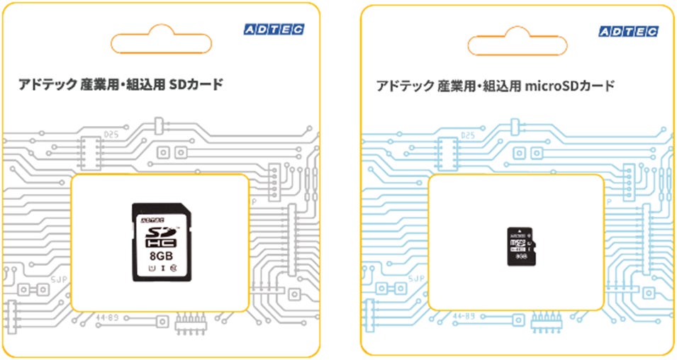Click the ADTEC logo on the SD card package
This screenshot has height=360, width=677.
[x=273, y=29]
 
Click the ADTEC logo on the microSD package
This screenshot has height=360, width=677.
[x=629, y=30]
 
